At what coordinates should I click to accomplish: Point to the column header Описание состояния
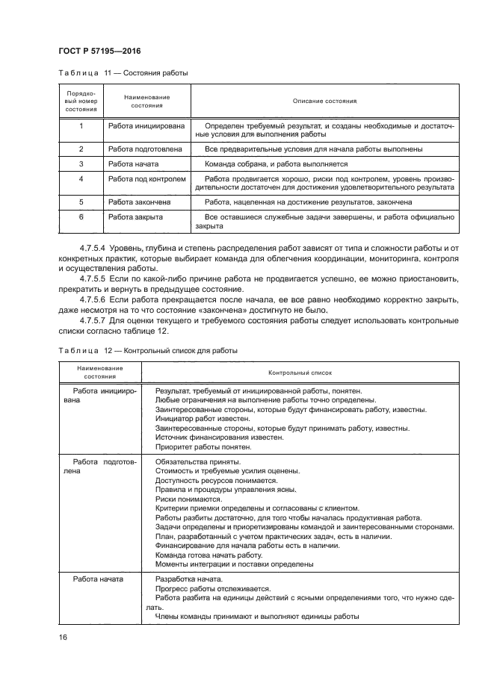tap(324, 101)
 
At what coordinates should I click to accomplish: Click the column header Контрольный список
tap(299, 371)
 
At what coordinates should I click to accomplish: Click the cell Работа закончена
tap(140, 202)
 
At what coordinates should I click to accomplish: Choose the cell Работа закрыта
tap(135, 216)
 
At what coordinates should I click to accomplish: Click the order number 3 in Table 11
tap(81, 163)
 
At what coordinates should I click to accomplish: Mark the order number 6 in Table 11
tap(81, 216)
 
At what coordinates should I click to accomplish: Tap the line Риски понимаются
tap(184, 499)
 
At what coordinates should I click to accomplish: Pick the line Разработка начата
tap(188, 579)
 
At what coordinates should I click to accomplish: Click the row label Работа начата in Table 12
tap(98, 579)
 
